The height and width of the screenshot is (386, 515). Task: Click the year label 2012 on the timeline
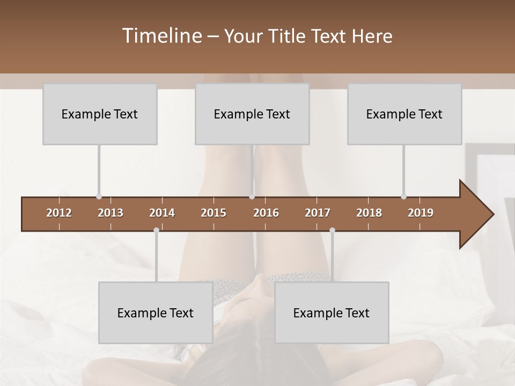59,213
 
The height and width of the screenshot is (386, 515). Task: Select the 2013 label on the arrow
111,213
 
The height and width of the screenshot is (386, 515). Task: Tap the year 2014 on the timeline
162,213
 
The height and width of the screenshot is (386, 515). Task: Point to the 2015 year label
214,213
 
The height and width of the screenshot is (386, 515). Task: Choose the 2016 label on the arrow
266,213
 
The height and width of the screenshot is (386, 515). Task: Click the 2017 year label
318,213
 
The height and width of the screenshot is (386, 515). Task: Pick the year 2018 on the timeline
369,213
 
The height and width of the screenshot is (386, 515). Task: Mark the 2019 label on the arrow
421,213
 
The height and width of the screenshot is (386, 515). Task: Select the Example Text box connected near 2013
100,114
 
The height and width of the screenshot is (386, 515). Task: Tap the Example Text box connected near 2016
252,114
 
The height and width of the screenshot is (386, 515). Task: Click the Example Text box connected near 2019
404,114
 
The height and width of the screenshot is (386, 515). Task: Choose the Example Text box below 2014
156,313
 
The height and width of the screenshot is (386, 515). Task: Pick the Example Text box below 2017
332,313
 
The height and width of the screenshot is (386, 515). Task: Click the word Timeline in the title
161,36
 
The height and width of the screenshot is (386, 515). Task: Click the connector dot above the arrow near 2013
99,197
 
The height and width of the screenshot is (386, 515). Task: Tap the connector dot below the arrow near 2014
156,230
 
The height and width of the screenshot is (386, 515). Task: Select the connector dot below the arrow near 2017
332,230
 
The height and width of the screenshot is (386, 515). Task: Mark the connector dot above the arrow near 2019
403,197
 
